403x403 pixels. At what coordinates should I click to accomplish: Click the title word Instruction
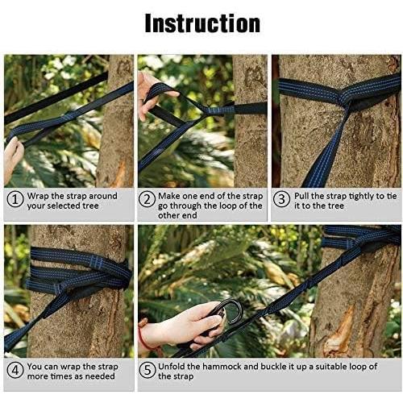click(201, 23)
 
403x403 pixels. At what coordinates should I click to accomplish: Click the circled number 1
click(15, 200)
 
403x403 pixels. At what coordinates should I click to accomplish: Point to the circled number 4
click(15, 371)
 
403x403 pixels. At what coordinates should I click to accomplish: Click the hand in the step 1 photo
click(13, 157)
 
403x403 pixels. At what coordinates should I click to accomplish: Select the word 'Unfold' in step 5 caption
click(175, 366)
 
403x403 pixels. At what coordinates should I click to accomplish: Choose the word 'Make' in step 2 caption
click(173, 196)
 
